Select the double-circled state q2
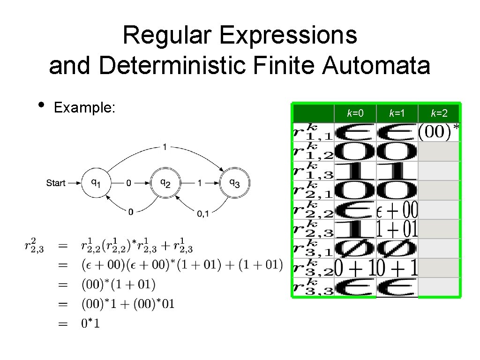165,183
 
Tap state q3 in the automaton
234,183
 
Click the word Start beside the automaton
56,183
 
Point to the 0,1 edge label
203,213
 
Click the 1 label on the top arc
165,147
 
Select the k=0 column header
355,113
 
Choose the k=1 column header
397,113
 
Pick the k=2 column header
439,113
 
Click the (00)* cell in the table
438,132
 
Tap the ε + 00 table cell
397,210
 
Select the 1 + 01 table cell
397,229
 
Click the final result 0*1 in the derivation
91,323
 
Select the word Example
84,108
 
